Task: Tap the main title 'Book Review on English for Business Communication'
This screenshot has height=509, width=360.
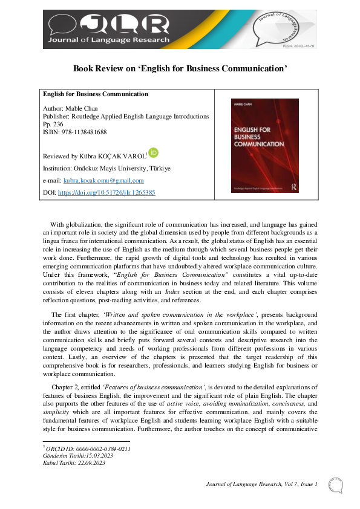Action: pos(180,68)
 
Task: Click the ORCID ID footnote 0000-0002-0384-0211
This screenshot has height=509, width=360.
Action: pos(89,449)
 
